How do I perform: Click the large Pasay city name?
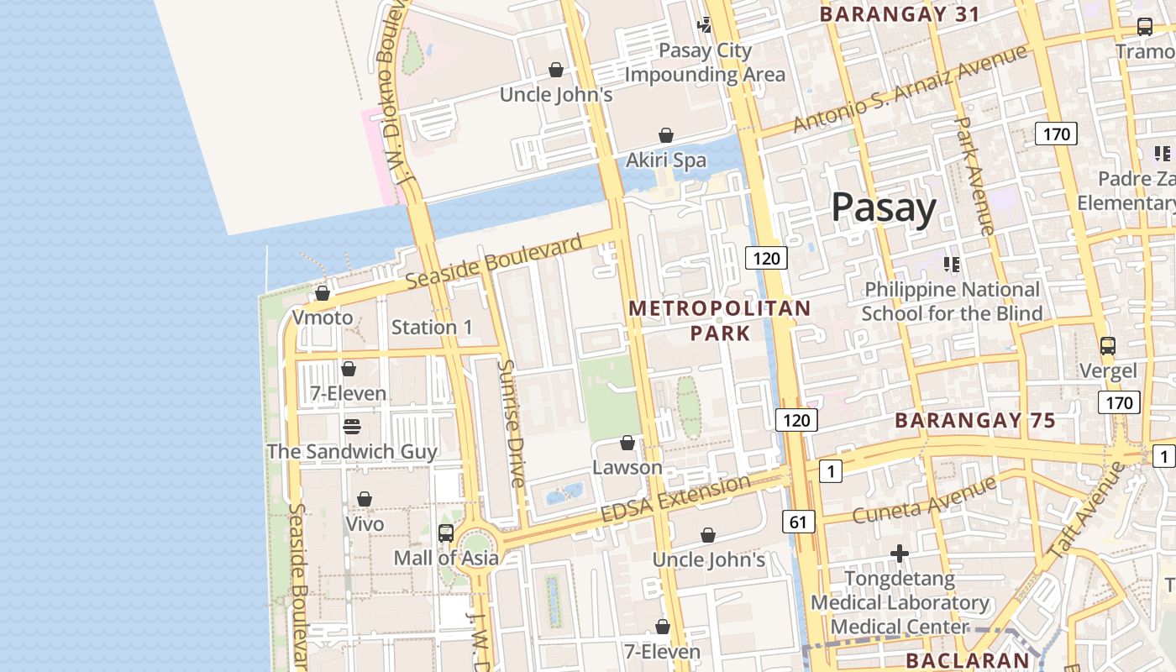click(x=884, y=207)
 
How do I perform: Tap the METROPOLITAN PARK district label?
click(x=720, y=320)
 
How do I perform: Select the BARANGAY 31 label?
click(x=900, y=14)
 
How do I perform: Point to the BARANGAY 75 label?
click(x=974, y=420)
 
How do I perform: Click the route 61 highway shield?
click(x=798, y=522)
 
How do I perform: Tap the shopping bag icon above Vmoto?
click(x=323, y=293)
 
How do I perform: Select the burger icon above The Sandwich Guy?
click(x=351, y=426)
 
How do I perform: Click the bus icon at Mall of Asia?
click(x=446, y=533)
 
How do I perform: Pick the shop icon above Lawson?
click(x=627, y=443)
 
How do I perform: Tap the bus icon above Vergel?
click(x=1108, y=345)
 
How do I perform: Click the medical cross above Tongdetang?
click(x=900, y=554)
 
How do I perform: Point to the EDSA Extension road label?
click(x=675, y=498)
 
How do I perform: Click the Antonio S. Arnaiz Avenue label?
click(x=910, y=88)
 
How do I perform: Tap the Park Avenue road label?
click(x=975, y=176)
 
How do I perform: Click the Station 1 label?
click(x=432, y=328)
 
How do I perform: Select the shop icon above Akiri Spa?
click(x=666, y=135)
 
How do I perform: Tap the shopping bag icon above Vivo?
click(x=365, y=499)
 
